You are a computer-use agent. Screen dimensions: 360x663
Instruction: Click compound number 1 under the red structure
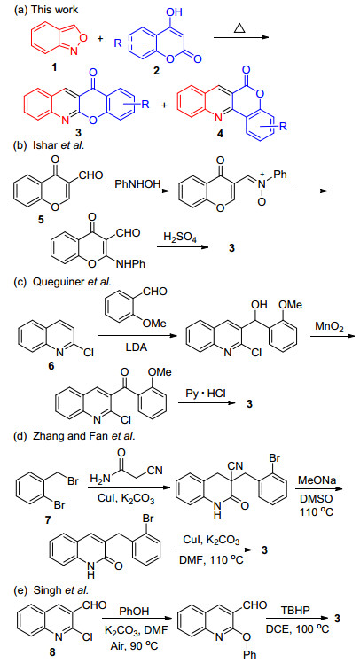coord(53,68)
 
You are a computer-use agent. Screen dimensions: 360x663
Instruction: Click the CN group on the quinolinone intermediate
coord(234,465)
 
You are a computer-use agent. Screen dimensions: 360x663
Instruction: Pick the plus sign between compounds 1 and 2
coord(100,39)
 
